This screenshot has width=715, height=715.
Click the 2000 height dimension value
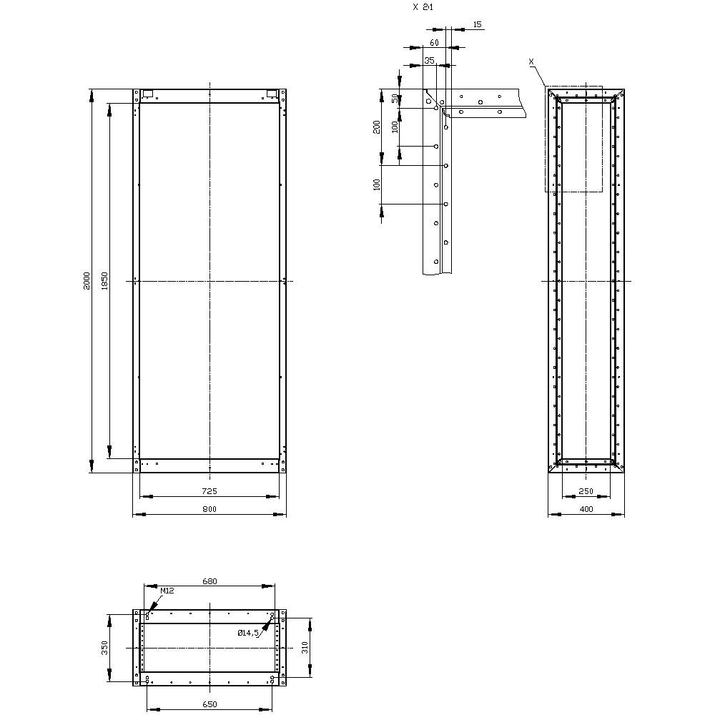click(x=87, y=281)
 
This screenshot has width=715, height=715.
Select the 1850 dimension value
click(x=104, y=281)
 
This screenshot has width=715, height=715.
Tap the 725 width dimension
click(x=209, y=491)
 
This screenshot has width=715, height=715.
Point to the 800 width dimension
click(x=209, y=509)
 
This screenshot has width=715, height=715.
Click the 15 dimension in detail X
click(x=478, y=25)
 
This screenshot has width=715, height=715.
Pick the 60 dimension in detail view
click(x=434, y=43)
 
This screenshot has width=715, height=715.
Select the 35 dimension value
click(x=429, y=61)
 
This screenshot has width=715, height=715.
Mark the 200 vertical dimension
click(x=377, y=127)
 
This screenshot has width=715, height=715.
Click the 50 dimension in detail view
click(x=395, y=99)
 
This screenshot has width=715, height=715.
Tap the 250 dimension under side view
click(x=586, y=491)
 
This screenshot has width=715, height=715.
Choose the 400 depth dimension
click(x=586, y=509)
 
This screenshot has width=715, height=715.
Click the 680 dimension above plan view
click(x=209, y=581)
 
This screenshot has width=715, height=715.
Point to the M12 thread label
click(x=167, y=591)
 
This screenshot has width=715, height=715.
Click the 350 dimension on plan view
click(x=105, y=648)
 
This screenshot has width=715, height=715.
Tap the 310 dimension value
click(x=304, y=648)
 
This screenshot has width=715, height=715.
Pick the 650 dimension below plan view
click(x=209, y=705)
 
